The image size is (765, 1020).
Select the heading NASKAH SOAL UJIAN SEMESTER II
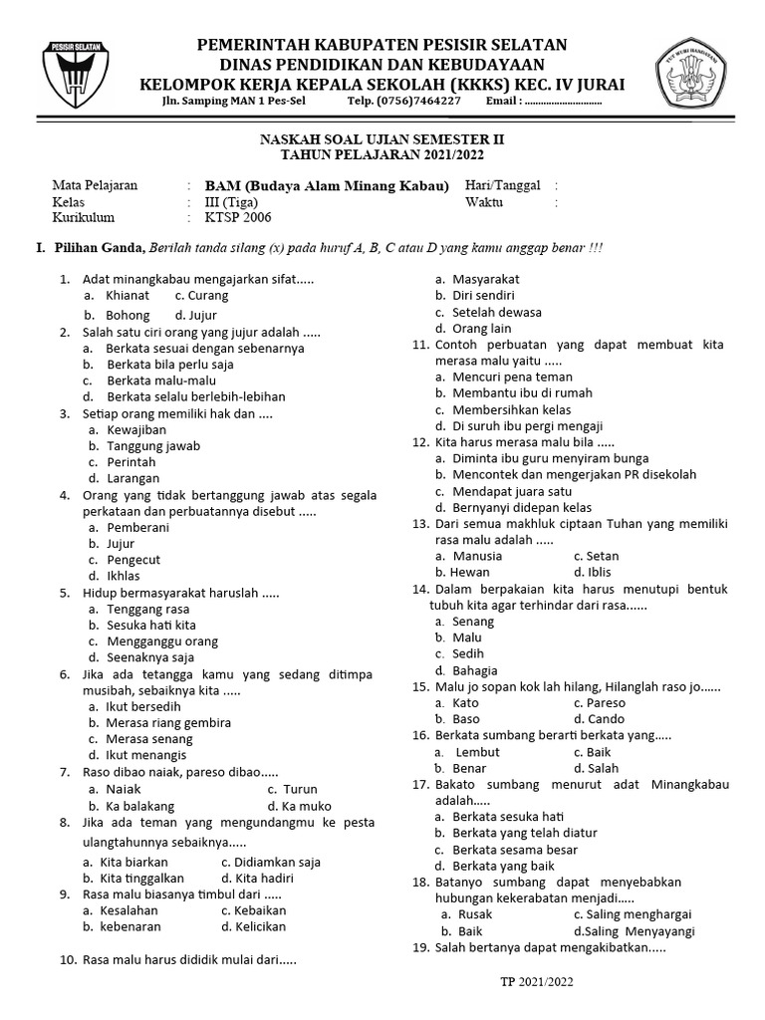[382, 140]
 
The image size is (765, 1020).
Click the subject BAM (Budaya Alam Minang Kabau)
[327, 186]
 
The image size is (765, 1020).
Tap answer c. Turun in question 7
[292, 788]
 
